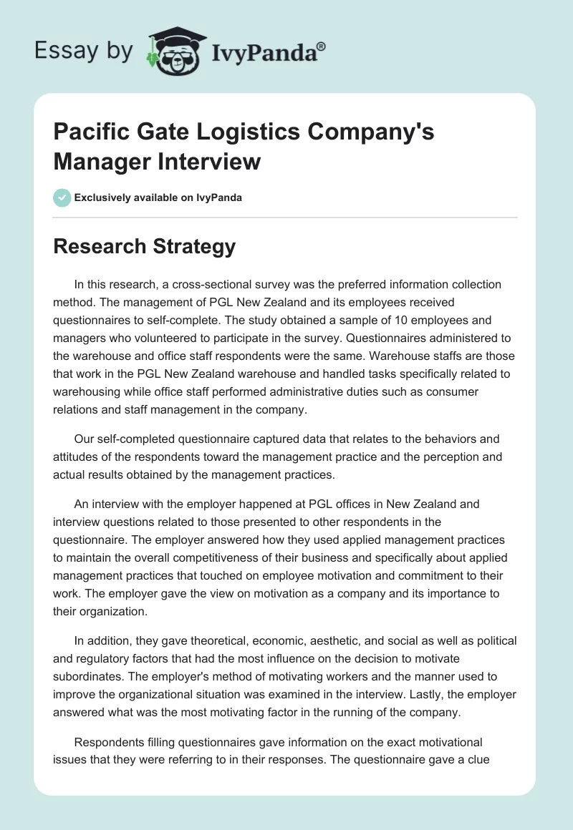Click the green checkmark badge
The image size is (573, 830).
point(62,197)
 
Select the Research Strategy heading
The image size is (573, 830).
point(144,247)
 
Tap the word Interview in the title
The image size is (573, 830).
point(210,162)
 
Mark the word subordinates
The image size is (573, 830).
point(86,676)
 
